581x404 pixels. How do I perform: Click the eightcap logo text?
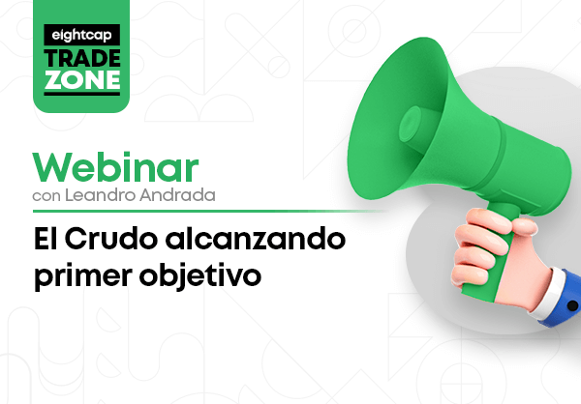point(81,35)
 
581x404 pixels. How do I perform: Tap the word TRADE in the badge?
point(82,58)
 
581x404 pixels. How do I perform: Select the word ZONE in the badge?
point(82,79)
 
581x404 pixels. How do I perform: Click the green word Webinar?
point(115,167)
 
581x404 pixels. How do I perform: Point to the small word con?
point(46,196)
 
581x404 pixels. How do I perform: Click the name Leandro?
point(100,195)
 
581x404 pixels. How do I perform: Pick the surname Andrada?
point(177,195)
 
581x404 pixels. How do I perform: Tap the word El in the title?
point(46,239)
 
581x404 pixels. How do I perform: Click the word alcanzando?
point(256,239)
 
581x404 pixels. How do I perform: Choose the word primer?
point(83,276)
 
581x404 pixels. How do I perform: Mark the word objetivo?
point(200,275)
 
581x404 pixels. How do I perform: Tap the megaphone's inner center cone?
point(411,124)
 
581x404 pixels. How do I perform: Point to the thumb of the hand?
point(523,224)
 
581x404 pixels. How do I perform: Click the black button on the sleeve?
point(572,305)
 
